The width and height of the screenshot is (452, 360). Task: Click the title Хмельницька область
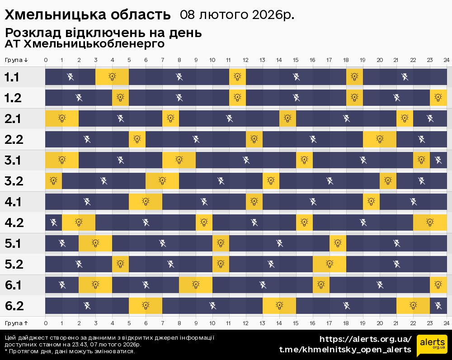coord(88,15)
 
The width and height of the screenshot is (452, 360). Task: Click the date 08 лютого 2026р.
coord(237,15)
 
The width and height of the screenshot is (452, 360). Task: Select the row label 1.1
coord(12,77)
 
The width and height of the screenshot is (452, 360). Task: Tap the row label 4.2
coord(14,223)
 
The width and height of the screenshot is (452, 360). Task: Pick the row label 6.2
coord(14,306)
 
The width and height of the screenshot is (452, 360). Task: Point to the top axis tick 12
coord(245,60)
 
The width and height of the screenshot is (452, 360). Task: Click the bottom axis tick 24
coord(446,323)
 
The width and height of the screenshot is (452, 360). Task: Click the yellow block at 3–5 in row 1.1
coord(112,77)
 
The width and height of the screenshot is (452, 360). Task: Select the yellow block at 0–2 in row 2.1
coord(62,118)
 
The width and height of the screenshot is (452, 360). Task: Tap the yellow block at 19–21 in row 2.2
coord(380,139)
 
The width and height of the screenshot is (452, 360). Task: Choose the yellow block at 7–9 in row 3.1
coord(179,160)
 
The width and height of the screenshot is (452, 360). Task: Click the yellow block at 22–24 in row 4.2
coord(430,223)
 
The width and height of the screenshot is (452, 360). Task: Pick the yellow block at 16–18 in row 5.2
coord(330,264)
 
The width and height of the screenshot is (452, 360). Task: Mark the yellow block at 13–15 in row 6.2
coord(279,306)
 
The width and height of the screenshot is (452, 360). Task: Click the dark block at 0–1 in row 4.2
coord(53,223)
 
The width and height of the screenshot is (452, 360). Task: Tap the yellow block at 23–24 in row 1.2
coord(438,98)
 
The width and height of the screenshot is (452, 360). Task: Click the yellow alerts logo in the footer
coord(432,346)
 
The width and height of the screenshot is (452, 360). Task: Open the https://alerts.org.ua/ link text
coord(365,339)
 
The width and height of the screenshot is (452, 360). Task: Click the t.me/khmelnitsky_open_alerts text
coord(345,350)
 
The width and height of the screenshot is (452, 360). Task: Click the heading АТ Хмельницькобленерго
coord(84,44)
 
